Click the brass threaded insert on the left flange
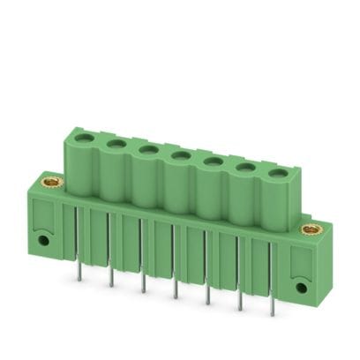click(41, 188)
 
